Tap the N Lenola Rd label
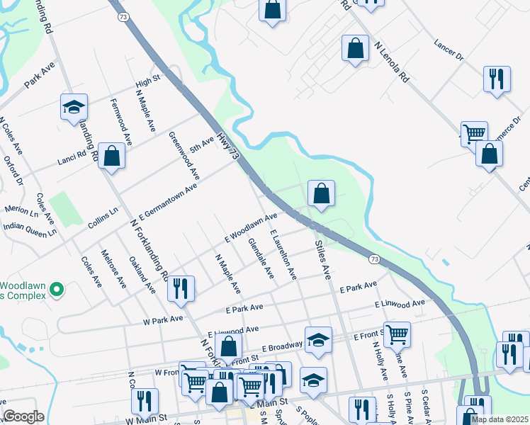pos(391,62)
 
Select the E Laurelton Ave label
pos(283,254)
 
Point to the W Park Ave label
pos(163,320)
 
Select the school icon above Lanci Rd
pos(74,106)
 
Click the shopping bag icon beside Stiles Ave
pos(321,193)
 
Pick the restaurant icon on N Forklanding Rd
pos(181,288)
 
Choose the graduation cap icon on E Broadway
pos(318,340)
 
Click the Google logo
pos(24,416)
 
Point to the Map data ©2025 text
pos(499,419)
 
